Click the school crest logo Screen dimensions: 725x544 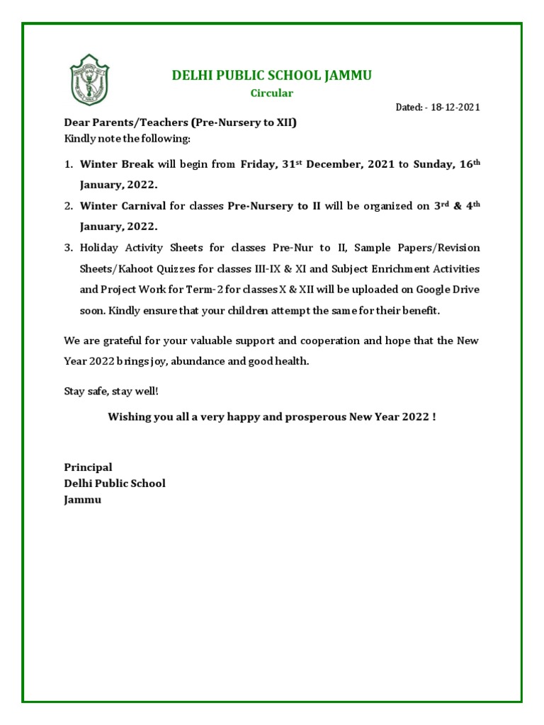click(89, 79)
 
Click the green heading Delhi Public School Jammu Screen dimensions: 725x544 click(272, 76)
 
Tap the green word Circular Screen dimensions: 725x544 click(272, 93)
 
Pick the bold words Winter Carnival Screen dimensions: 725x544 click(123, 206)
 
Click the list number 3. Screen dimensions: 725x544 click(68, 248)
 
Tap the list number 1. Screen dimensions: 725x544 click(68, 164)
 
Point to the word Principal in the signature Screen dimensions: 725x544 click(88, 467)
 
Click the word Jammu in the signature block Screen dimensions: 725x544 click(83, 500)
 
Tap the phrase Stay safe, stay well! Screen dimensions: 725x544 click(106, 392)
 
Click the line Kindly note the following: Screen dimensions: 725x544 click(127, 137)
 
